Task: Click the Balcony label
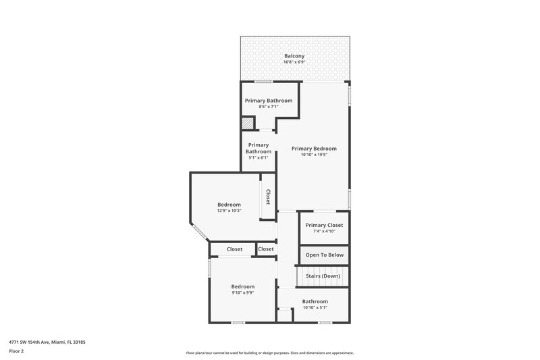pyautogui.click(x=294, y=56)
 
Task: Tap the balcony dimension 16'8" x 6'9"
pyautogui.click(x=294, y=63)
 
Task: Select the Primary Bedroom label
pyautogui.click(x=314, y=149)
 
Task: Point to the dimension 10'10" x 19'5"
pyautogui.click(x=314, y=155)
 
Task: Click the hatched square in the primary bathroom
pyautogui.click(x=248, y=124)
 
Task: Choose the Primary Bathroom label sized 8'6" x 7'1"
pyautogui.click(x=269, y=101)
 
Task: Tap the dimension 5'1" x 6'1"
pyautogui.click(x=259, y=158)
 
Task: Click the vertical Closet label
pyautogui.click(x=268, y=197)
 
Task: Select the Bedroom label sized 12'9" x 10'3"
pyautogui.click(x=229, y=205)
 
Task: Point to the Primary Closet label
pyautogui.click(x=324, y=225)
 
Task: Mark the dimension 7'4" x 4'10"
pyautogui.click(x=324, y=232)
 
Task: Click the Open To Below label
pyautogui.click(x=325, y=255)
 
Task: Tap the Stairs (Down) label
pyautogui.click(x=323, y=276)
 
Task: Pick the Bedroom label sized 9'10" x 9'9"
pyautogui.click(x=242, y=286)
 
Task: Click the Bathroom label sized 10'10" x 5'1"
pyautogui.click(x=315, y=301)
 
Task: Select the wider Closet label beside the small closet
pyautogui.click(x=234, y=249)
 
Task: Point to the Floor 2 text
pyautogui.click(x=16, y=351)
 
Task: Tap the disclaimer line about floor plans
pyautogui.click(x=270, y=353)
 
